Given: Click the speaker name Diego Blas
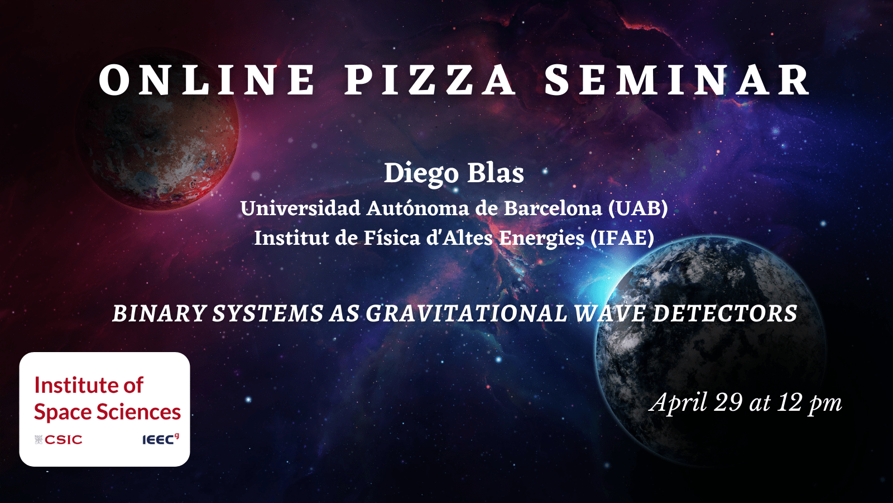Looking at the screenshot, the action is click(x=454, y=173).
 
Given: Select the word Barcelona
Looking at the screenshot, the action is click(x=553, y=208).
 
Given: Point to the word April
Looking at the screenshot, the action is click(x=678, y=403).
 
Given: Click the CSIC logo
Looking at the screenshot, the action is click(x=58, y=439).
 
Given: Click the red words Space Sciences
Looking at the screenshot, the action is click(x=107, y=412).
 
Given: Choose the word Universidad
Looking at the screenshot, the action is click(x=300, y=208).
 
